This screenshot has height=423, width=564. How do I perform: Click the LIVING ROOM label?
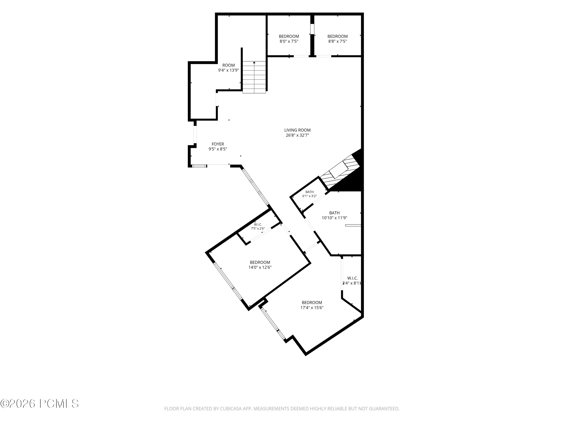297,130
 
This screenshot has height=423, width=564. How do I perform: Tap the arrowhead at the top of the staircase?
254,62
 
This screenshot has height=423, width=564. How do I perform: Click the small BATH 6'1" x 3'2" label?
309,194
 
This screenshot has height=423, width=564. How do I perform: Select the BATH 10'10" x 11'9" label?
334,215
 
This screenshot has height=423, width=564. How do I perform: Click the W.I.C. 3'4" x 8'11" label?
352,281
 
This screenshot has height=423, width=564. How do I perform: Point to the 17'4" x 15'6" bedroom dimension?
312,308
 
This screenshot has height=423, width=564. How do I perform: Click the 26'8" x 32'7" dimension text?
297,135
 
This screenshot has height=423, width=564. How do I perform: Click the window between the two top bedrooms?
312,29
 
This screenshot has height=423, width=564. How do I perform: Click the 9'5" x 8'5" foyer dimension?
218,149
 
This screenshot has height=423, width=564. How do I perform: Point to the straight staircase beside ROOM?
254,77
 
